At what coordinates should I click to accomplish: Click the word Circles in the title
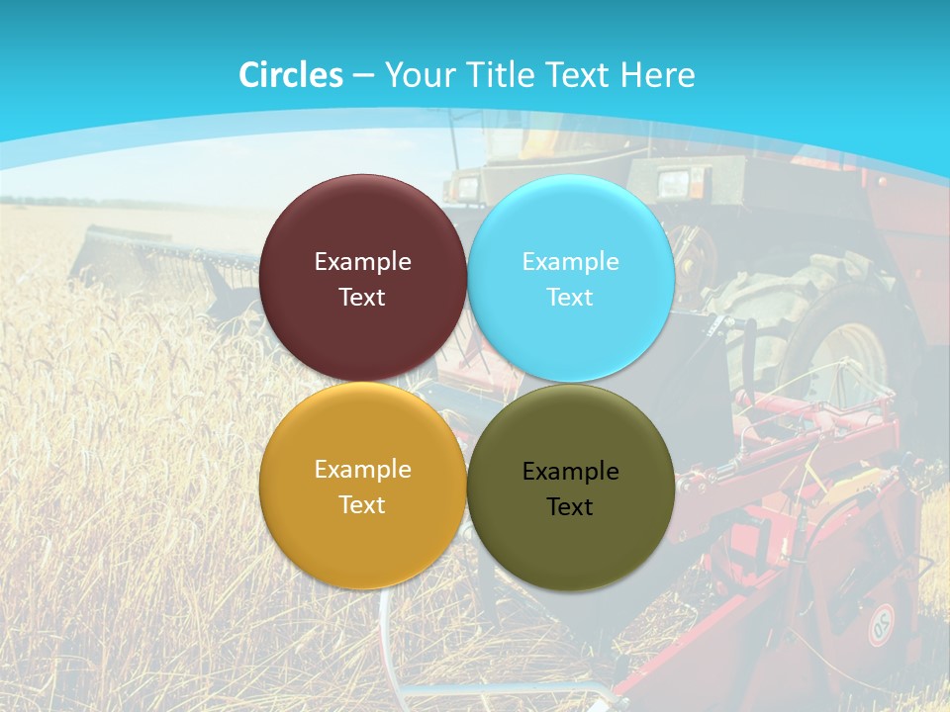click(x=291, y=75)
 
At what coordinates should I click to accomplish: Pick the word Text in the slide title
click(x=581, y=75)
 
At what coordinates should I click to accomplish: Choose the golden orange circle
click(x=362, y=539)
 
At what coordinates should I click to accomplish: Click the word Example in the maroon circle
click(x=362, y=262)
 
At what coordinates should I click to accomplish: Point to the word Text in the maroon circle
click(x=362, y=298)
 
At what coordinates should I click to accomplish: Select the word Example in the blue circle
click(x=571, y=262)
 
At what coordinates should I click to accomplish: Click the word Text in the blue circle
click(x=571, y=298)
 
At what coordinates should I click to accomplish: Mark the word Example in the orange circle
click(x=362, y=470)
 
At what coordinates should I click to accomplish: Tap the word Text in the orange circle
click(x=362, y=505)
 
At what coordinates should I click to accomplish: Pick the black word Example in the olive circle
click(x=571, y=472)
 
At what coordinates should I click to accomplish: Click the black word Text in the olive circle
click(x=571, y=507)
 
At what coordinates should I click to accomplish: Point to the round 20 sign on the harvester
click(x=880, y=625)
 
